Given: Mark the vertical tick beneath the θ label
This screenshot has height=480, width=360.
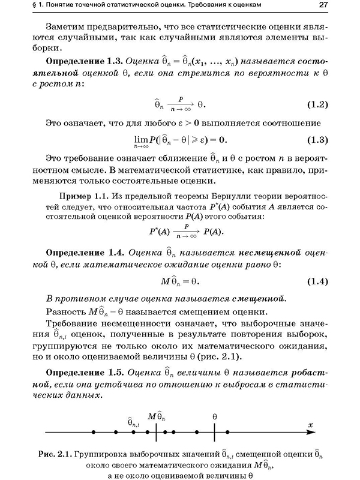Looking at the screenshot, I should click(x=214, y=432).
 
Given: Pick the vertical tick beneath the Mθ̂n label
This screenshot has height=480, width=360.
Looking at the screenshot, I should click(x=156, y=432).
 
